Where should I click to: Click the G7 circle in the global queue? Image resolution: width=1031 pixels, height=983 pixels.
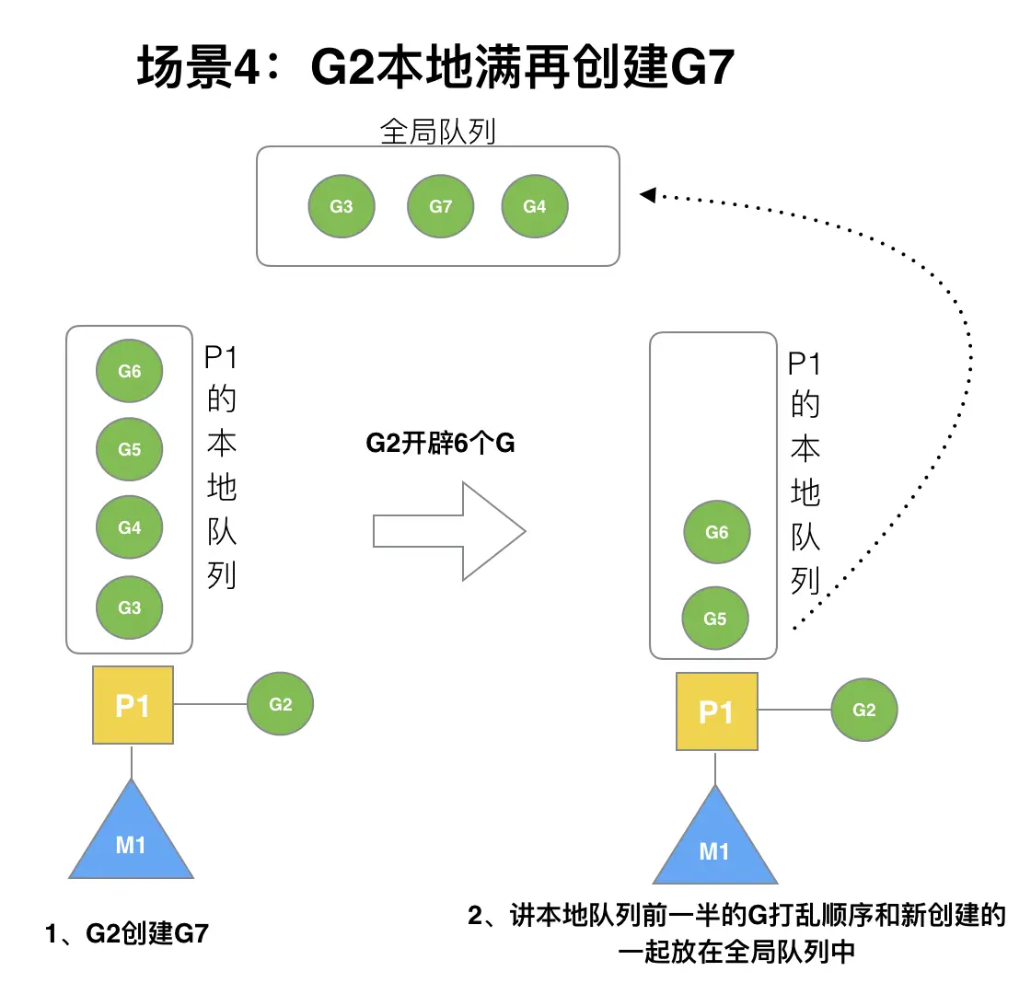point(441,207)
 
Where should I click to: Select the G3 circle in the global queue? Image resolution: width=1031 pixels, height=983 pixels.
point(342,207)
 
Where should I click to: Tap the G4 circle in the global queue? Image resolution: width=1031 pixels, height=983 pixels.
point(535,207)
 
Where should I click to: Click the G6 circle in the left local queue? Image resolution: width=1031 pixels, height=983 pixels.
point(130,371)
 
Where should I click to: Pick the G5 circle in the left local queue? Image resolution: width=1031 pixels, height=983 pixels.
point(130,449)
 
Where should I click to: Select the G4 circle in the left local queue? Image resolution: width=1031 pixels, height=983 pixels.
point(130,528)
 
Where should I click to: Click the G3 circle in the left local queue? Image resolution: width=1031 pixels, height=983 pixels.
point(130,607)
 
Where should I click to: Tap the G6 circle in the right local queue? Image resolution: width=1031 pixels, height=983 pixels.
point(716,532)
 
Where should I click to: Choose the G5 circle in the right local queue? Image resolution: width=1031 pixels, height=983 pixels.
point(715,619)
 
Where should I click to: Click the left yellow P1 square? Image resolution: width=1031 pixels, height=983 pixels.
point(133,705)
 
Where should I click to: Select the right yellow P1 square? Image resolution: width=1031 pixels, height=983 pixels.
point(716,711)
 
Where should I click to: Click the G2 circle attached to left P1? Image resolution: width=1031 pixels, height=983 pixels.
point(281,704)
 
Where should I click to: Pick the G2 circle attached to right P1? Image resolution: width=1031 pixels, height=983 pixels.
point(863,710)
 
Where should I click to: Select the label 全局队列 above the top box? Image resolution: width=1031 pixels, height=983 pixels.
point(437,132)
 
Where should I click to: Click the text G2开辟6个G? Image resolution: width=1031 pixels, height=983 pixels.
point(440,444)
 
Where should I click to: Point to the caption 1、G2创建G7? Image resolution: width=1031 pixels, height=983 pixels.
point(127,933)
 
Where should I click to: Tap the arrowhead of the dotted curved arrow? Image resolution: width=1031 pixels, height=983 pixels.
point(647,194)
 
